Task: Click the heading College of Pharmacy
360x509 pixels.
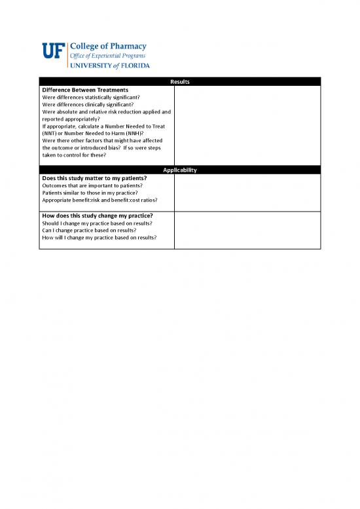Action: (108, 47)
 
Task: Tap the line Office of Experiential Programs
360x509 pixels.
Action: (107, 56)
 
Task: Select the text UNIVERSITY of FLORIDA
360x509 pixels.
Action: (109, 66)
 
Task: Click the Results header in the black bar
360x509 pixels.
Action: (179, 81)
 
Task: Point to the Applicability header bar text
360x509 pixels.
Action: (179, 170)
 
